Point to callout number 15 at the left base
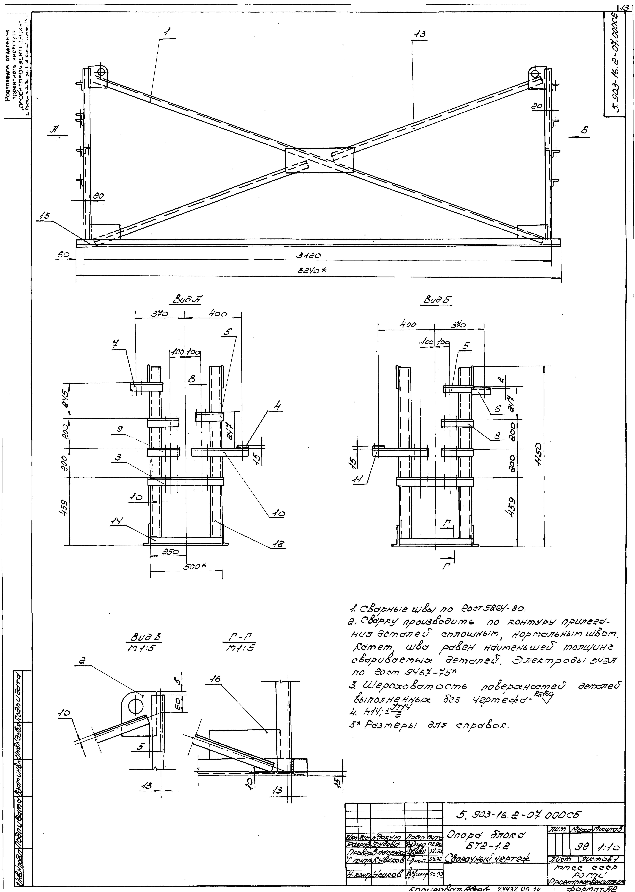pyautogui.click(x=44, y=215)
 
